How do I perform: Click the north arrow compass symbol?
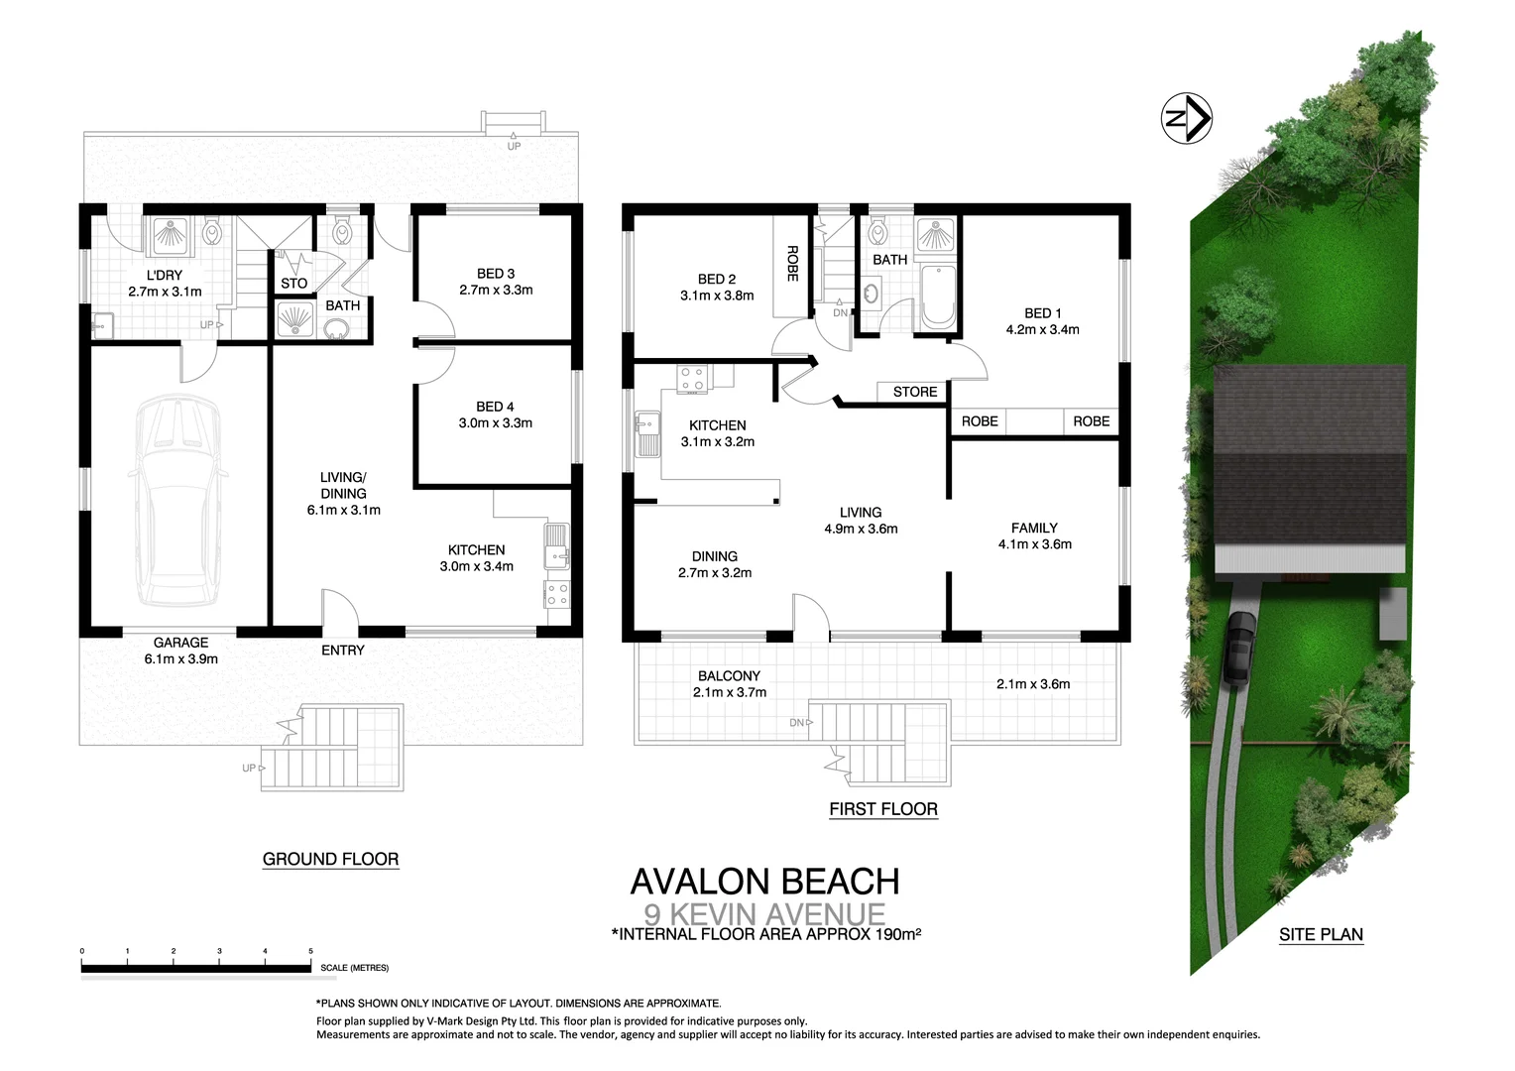(x=1186, y=119)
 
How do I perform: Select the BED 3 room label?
(x=496, y=282)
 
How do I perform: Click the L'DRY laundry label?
(x=165, y=284)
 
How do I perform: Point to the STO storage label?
(x=293, y=284)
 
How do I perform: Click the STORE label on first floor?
(x=914, y=392)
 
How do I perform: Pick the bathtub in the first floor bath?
(x=937, y=297)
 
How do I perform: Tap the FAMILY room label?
(x=1034, y=535)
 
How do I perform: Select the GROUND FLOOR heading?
(x=330, y=860)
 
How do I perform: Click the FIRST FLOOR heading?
(x=882, y=809)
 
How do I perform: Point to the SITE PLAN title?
(x=1321, y=934)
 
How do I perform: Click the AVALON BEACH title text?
(x=764, y=882)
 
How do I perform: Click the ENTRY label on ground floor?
(x=343, y=651)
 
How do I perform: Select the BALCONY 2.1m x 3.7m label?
(x=729, y=684)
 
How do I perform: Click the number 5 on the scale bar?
(x=310, y=951)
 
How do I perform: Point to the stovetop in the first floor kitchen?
(x=693, y=379)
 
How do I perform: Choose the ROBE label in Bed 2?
(x=792, y=264)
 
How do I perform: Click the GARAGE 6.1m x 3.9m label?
(x=180, y=651)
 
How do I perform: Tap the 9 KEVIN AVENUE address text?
(x=764, y=913)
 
